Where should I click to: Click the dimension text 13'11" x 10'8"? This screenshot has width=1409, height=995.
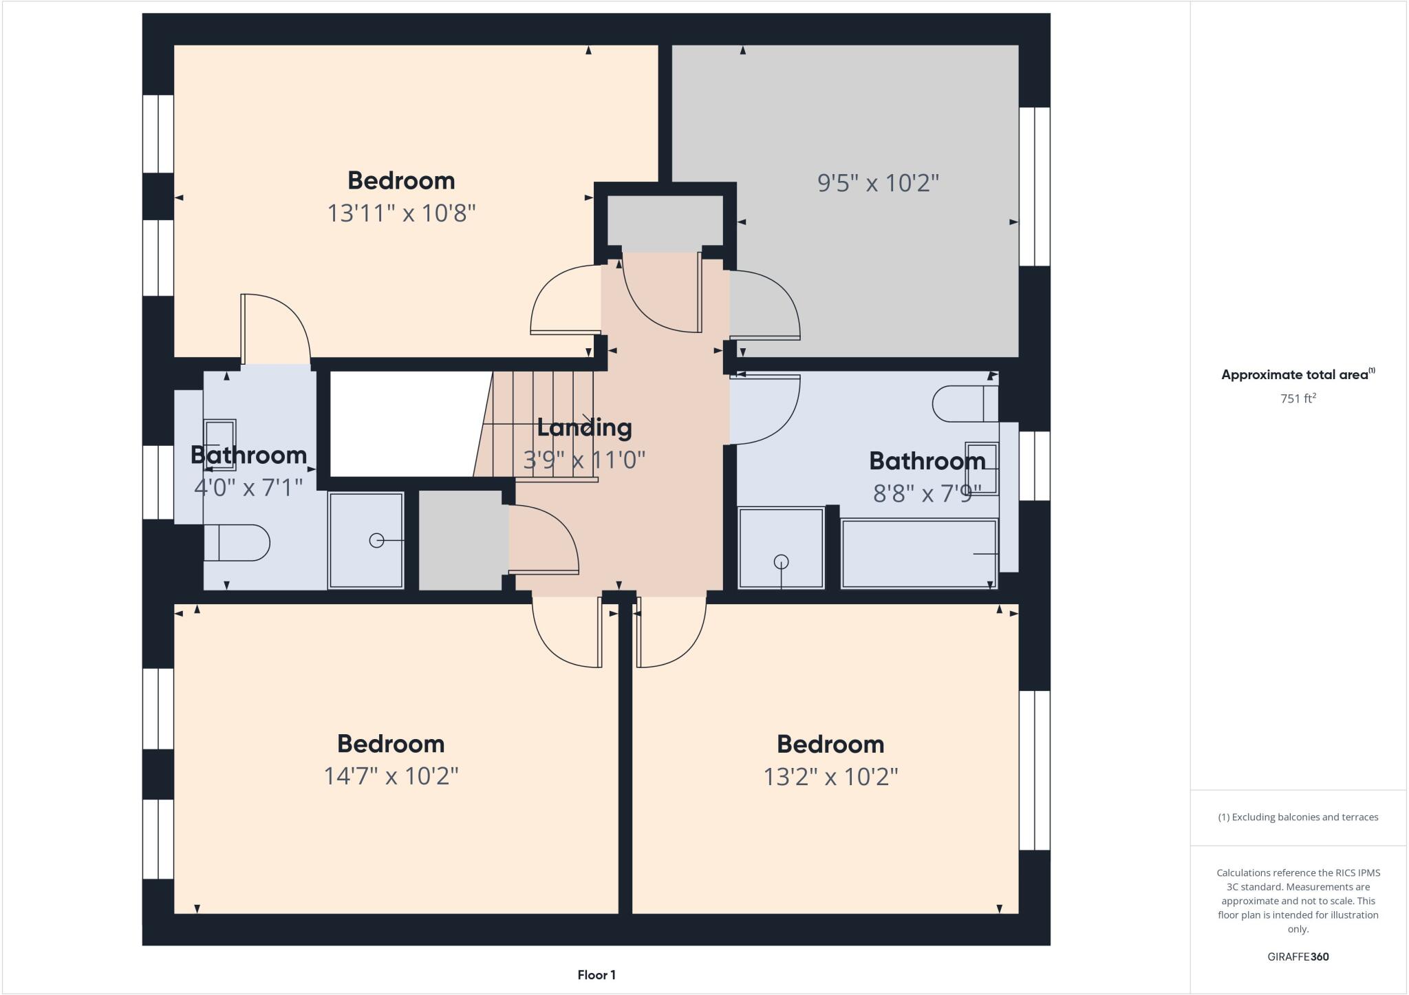click(x=401, y=213)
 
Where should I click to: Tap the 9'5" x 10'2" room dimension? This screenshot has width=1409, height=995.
click(x=878, y=183)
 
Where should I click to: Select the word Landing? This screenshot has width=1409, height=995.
click(x=584, y=427)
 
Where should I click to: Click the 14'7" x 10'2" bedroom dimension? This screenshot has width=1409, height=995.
click(x=391, y=776)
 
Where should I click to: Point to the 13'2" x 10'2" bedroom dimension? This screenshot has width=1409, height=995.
click(x=830, y=777)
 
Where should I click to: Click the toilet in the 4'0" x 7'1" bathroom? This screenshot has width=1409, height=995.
click(x=237, y=543)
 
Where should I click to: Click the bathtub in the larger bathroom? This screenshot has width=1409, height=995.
click(x=918, y=554)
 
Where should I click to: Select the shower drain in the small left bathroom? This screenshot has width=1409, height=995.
click(x=376, y=541)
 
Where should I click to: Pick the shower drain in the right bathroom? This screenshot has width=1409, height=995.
click(x=781, y=562)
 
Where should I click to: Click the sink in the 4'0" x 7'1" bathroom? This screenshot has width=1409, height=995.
click(x=219, y=445)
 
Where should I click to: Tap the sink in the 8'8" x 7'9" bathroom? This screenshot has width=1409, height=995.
click(x=982, y=468)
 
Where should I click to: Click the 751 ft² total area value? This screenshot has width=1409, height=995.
click(x=1297, y=398)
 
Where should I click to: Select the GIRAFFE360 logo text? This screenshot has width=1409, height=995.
click(x=1298, y=956)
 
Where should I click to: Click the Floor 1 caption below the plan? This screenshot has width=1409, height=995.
click(x=596, y=975)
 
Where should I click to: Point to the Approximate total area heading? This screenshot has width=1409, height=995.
click(x=1297, y=375)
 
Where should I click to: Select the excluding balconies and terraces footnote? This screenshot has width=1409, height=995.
click(x=1298, y=817)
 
